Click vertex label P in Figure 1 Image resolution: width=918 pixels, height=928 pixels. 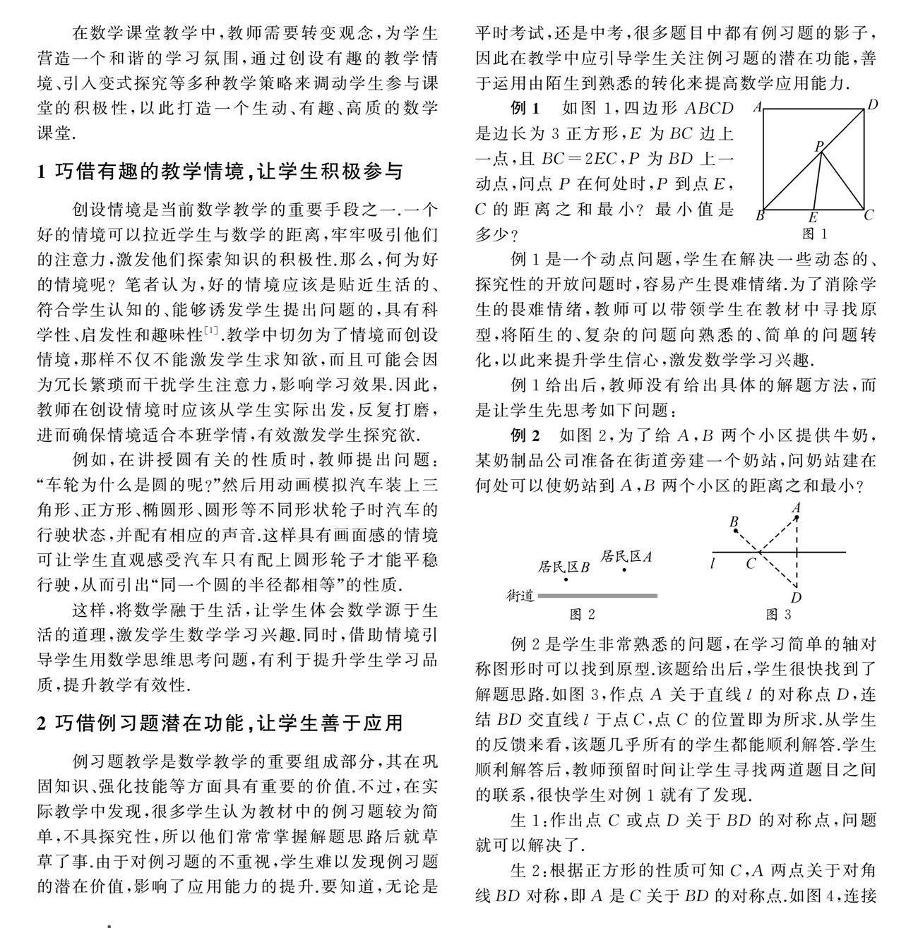[819, 147]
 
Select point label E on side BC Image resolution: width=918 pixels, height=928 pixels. [813, 218]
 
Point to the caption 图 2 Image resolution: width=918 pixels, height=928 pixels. [582, 614]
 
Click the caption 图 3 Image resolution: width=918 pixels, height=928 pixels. [778, 614]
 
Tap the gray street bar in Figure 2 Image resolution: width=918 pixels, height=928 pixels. [597, 596]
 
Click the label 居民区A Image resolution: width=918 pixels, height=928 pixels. [626, 556]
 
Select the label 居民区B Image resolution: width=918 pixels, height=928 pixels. [564, 567]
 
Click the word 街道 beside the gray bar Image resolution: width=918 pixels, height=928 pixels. [520, 596]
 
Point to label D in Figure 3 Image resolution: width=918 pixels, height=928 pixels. [797, 598]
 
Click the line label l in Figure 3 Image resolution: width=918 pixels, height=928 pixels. [715, 563]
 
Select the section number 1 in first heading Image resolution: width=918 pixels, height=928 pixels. [42, 171]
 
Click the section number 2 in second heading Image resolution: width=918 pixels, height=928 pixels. [42, 723]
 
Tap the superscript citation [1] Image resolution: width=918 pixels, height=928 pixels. [211, 330]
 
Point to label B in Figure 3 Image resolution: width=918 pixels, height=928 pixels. [734, 522]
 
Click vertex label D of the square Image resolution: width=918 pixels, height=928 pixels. [873, 106]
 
